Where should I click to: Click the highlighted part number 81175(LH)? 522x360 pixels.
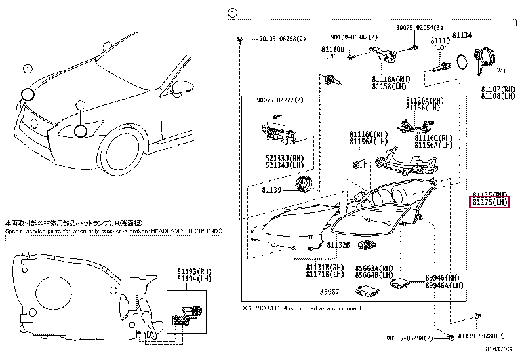pos(491,203)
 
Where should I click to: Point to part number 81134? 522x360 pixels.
pos(462,35)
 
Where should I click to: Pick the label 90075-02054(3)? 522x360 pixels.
pos(419,28)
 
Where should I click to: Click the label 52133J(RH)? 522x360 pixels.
pos(284,158)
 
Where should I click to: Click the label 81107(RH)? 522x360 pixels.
pos(494,89)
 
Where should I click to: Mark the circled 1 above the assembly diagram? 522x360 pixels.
pos(231,12)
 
